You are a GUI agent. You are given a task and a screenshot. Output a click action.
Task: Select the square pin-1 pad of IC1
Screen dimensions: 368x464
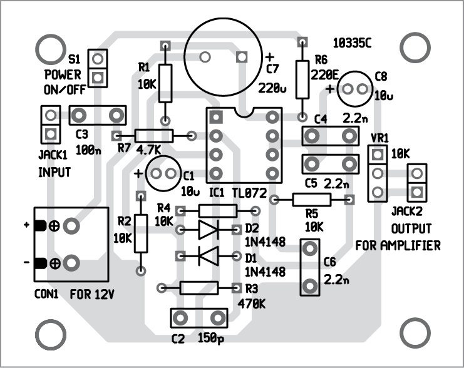click(x=216, y=117)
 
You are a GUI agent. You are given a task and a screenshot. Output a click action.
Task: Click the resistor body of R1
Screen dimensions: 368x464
click(x=165, y=83)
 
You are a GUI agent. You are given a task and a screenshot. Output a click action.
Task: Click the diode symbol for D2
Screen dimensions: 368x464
click(x=207, y=230)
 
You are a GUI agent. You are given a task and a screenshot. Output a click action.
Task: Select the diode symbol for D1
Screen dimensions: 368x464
click(x=207, y=255)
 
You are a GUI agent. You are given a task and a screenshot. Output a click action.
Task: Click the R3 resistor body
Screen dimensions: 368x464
click(x=198, y=288)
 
